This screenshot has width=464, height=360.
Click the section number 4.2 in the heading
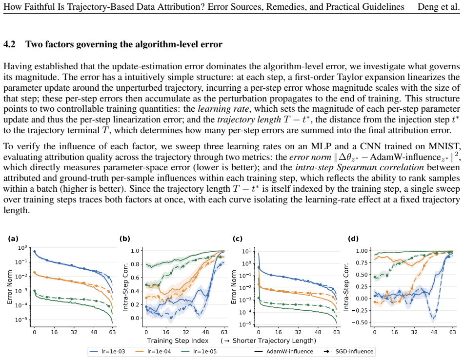(9, 44)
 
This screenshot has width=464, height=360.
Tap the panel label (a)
(13, 239)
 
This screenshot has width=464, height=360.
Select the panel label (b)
(124, 239)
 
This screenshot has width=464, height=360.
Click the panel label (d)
(353, 239)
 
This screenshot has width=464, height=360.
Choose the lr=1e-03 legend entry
(107, 352)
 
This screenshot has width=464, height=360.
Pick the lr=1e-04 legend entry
(153, 352)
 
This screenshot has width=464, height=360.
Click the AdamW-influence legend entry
(283, 352)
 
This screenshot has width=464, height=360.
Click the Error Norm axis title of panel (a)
(9, 287)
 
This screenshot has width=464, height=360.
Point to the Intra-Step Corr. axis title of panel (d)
(346, 287)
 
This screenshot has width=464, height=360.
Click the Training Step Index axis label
(178, 341)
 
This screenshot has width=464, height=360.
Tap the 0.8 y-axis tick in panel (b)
(135, 264)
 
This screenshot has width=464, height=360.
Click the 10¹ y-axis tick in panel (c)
(246, 251)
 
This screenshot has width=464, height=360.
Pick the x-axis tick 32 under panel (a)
(74, 332)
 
